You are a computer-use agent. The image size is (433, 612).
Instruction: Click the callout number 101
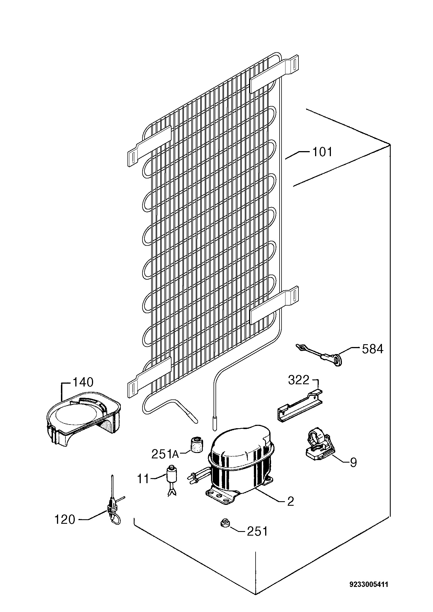pos(322,152)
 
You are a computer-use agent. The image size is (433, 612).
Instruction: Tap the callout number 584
pos(373,349)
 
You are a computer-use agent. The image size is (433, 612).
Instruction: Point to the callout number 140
pos(83,383)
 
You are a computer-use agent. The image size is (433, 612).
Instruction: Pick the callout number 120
pos(65,519)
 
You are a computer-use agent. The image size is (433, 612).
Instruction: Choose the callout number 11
pos(143,479)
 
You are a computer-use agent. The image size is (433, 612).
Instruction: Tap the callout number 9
pos(353,462)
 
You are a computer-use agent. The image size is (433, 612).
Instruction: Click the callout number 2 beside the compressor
pos(291,501)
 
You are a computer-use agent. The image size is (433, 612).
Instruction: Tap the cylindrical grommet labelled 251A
pos(196,445)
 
